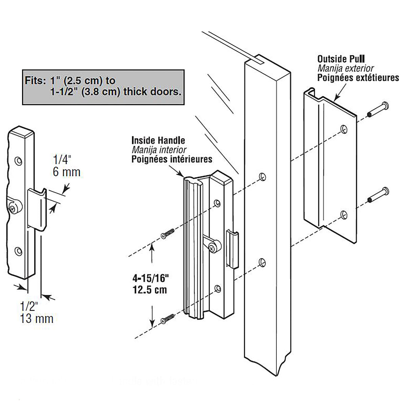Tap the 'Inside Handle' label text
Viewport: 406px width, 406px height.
pyautogui.click(x=158, y=140)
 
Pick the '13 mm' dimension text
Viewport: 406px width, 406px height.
pyautogui.click(x=37, y=318)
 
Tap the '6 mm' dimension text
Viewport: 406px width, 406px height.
pyautogui.click(x=67, y=172)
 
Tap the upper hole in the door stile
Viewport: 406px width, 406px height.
pyautogui.click(x=262, y=176)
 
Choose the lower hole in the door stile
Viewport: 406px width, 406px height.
pyautogui.click(x=262, y=262)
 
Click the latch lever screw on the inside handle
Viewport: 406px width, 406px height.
pyautogui.click(x=212, y=248)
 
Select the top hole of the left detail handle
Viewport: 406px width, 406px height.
pyautogui.click(x=18, y=160)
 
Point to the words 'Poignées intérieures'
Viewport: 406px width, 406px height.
pyautogui.click(x=172, y=159)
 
